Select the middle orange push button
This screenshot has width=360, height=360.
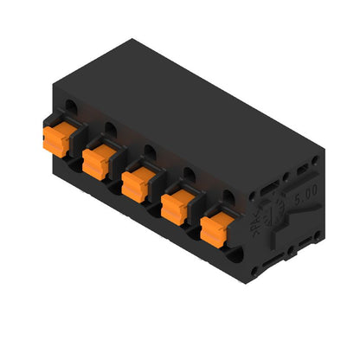click(138, 183)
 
